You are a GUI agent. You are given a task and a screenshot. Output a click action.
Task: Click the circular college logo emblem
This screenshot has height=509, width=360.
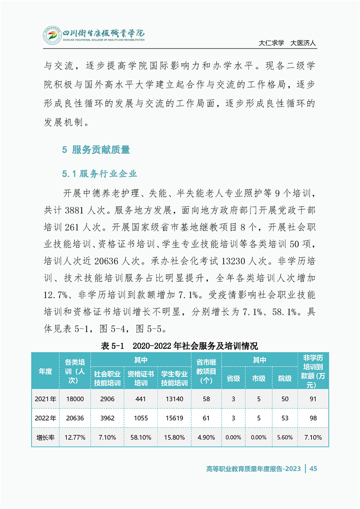(52, 35)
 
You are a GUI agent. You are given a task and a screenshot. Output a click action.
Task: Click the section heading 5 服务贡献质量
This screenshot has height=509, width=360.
(96, 149)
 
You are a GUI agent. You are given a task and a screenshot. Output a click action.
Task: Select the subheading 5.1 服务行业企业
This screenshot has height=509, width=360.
(99, 174)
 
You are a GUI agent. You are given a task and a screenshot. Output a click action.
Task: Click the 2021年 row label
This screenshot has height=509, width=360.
(45, 399)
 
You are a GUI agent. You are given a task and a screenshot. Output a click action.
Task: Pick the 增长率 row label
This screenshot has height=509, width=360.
(45, 438)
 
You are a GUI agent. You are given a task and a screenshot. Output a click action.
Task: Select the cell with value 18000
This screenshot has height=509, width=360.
(75, 399)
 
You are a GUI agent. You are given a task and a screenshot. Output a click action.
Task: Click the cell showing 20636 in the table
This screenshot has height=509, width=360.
(75, 418)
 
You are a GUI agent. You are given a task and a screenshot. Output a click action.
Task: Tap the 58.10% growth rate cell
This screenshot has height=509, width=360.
(141, 438)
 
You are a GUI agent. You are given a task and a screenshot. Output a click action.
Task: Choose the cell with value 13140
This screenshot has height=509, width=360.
(174, 399)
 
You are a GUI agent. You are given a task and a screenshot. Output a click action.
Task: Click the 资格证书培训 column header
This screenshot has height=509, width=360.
(141, 378)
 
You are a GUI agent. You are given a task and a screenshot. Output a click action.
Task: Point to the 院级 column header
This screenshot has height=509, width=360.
(285, 378)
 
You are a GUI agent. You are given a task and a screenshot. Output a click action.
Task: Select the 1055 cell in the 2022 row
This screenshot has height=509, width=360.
(141, 418)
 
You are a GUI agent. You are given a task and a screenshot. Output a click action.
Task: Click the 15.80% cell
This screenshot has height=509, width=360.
(174, 438)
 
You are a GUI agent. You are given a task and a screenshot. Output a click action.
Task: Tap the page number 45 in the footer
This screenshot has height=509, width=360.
(313, 469)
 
